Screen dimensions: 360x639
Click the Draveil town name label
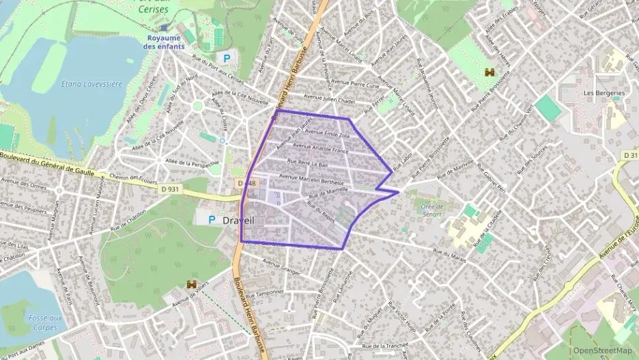point(238,221)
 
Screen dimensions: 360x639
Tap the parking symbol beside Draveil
point(211,220)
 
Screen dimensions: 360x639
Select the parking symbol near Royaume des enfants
point(227,59)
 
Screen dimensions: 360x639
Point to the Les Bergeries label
point(603,93)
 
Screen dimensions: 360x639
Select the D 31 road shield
point(629,156)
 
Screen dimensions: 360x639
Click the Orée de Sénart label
point(432,210)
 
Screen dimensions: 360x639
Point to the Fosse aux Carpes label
point(46,322)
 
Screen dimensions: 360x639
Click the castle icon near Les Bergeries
point(489,72)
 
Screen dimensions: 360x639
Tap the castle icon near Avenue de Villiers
point(190,284)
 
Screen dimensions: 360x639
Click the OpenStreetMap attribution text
point(602,351)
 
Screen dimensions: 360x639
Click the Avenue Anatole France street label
point(320,148)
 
